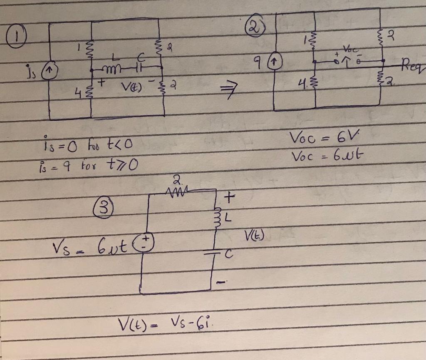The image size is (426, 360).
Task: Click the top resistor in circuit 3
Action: click(176, 191)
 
